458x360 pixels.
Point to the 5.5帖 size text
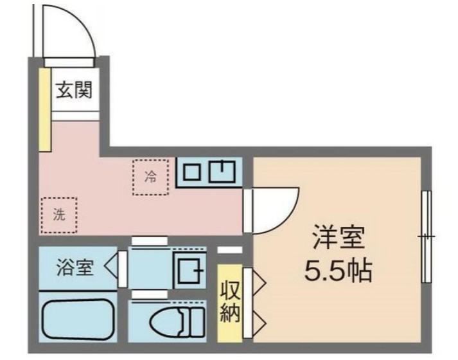(338, 271)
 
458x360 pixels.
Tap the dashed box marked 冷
(150, 175)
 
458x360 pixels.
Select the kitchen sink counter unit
(209, 170)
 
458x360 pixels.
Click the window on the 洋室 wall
(425, 237)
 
